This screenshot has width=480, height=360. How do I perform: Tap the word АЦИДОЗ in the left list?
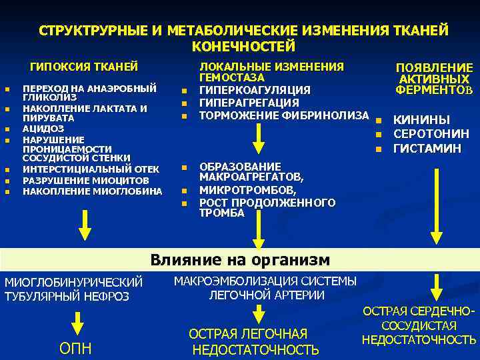(x=43, y=128)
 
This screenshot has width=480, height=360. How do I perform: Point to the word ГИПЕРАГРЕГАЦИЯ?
(x=249, y=103)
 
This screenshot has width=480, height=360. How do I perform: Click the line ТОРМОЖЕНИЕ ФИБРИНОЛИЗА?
(x=284, y=115)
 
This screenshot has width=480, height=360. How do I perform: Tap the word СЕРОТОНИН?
(x=431, y=134)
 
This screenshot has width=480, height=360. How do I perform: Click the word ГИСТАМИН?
(x=427, y=148)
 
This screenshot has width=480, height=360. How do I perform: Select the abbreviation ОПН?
(x=77, y=349)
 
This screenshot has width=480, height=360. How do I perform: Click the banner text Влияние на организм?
(x=239, y=259)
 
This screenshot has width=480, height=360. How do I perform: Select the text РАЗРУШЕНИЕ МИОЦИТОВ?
(x=85, y=181)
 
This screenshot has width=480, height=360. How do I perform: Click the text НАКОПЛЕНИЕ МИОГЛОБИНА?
(x=92, y=191)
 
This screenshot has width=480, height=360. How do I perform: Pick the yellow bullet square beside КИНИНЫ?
(x=377, y=121)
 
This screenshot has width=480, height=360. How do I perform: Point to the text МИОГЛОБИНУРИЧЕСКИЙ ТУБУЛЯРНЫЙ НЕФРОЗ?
(x=73, y=289)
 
